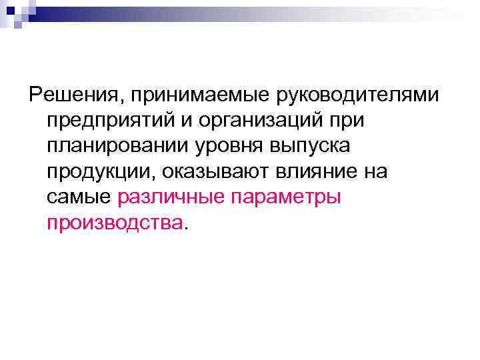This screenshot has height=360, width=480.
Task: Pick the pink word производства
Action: pyautogui.click(x=114, y=223)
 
